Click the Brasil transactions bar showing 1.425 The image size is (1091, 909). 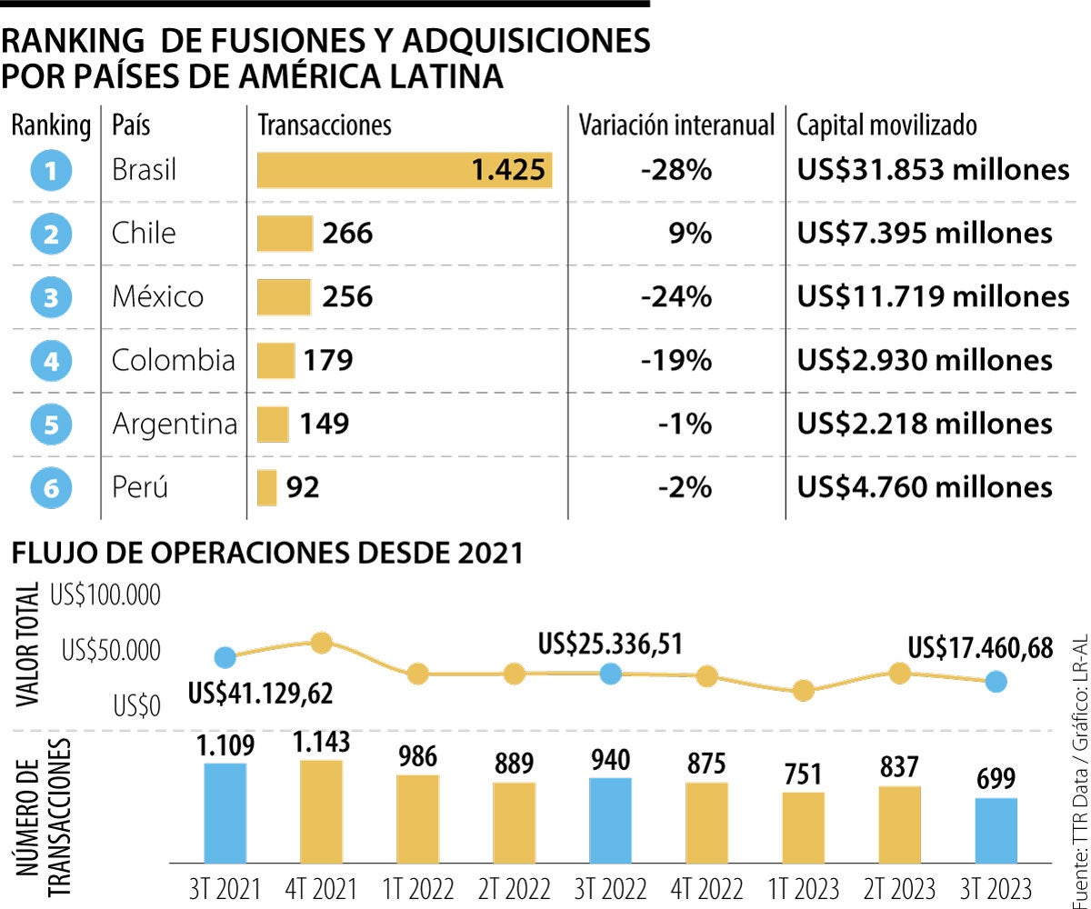point(405,170)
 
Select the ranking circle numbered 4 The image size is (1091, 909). point(51,362)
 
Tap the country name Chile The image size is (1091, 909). point(144,234)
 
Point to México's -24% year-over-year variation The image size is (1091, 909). point(676,297)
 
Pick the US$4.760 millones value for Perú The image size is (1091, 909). point(925,488)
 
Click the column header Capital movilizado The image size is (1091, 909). point(886,125)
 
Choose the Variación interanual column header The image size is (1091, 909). point(677,125)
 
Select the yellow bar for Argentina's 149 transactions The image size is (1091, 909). point(273,425)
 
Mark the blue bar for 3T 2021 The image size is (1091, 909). point(225,812)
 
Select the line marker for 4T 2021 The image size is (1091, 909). point(321,643)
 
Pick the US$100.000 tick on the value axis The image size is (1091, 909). point(105,596)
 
